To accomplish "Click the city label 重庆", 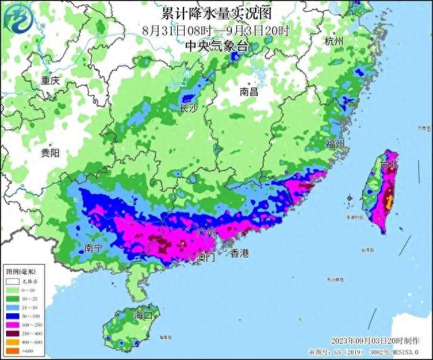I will (x=50, y=81).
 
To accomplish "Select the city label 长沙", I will (x=189, y=108).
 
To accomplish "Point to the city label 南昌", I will (x=250, y=91).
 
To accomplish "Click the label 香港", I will (x=240, y=254).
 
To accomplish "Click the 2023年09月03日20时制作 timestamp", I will (x=375, y=340).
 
